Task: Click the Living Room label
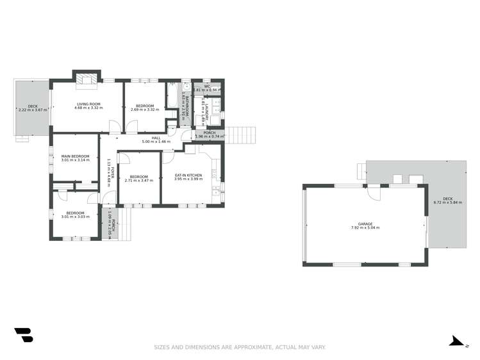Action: click(88, 104)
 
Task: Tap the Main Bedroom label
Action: click(75, 156)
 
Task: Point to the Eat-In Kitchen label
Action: click(188, 175)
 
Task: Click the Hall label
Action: click(156, 138)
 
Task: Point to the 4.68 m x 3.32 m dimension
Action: click(88, 108)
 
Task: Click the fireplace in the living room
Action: click(86, 79)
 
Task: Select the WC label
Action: click(207, 86)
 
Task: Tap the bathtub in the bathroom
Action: click(173, 96)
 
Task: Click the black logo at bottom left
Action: click(23, 334)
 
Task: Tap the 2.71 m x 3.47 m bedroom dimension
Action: click(139, 181)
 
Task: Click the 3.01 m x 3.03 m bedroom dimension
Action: click(75, 217)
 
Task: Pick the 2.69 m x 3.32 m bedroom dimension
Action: click(144, 110)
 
